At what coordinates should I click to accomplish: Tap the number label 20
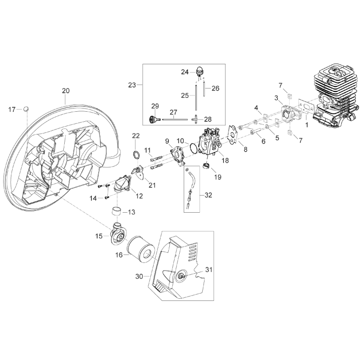(x=66, y=91)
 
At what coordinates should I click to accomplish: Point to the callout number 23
(x=132, y=85)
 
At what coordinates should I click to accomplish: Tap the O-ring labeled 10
(x=194, y=148)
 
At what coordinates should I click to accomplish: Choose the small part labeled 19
(x=206, y=167)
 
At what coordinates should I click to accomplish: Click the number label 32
(x=208, y=195)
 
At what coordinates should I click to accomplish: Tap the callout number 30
(x=139, y=275)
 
